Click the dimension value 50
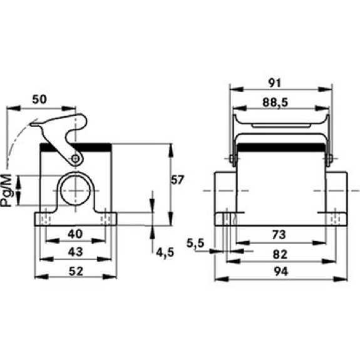39,99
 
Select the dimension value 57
177,180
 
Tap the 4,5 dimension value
165,252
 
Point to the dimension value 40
75,234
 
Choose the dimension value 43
75,252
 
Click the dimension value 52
76,271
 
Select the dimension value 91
275,83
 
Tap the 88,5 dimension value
275,103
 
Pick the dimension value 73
279,234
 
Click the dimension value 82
280,254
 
